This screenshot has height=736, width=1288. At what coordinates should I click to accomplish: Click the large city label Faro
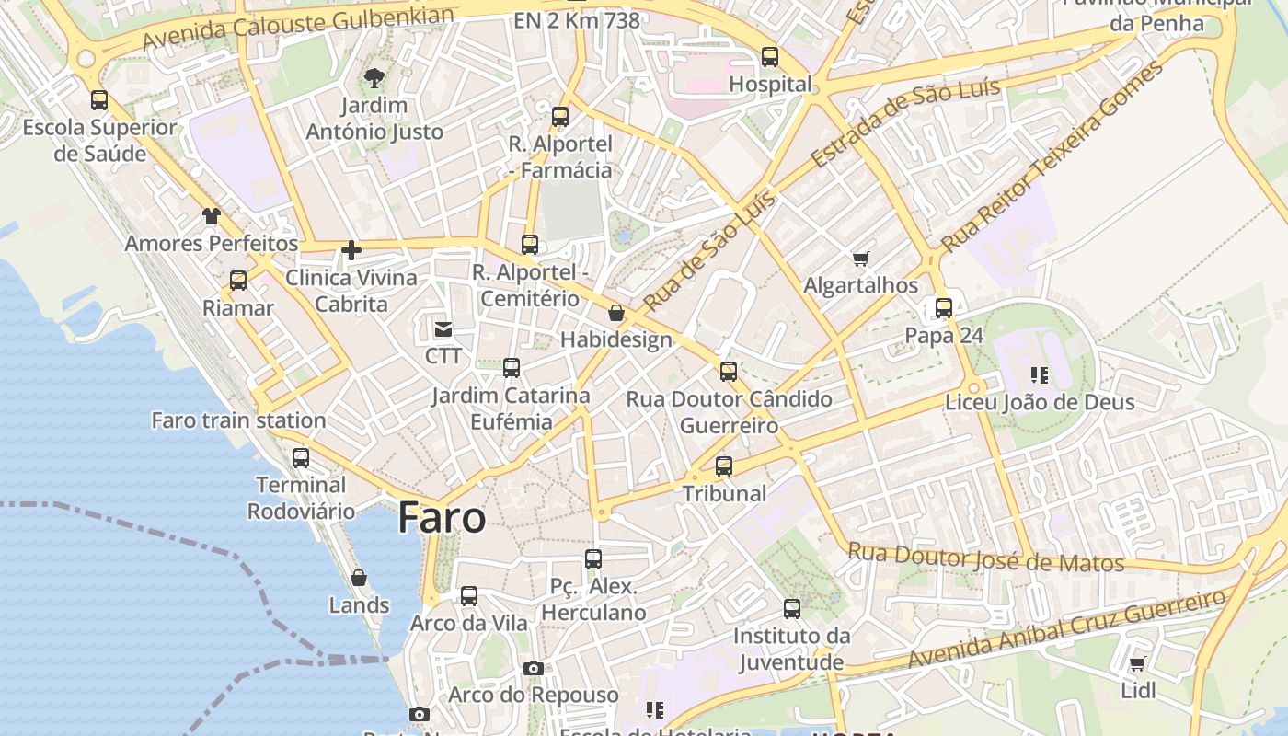click(442, 518)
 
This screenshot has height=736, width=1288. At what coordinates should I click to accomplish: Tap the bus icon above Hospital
click(770, 57)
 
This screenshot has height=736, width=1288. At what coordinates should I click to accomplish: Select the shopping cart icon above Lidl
click(1137, 663)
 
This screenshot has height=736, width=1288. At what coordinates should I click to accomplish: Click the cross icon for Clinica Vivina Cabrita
click(351, 249)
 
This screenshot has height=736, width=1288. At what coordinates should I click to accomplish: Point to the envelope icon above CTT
click(443, 328)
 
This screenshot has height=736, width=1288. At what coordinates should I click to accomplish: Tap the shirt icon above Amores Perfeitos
click(212, 216)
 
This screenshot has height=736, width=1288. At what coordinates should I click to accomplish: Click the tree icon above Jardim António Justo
click(374, 77)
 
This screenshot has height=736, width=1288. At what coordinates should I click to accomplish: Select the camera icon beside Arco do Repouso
click(534, 668)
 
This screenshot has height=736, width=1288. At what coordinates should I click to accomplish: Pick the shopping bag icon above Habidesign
click(616, 314)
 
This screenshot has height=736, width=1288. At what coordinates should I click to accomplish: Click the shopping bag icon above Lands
click(359, 578)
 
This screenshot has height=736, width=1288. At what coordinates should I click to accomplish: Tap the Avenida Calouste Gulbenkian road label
click(299, 29)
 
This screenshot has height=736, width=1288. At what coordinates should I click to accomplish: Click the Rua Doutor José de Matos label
click(985, 558)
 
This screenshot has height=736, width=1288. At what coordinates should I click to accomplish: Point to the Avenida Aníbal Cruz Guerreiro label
click(1066, 629)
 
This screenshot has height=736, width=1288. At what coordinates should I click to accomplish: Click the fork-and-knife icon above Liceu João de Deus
click(1040, 375)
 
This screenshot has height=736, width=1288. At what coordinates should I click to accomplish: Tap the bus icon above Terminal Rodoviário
click(301, 457)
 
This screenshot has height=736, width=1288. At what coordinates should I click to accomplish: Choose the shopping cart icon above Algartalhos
click(860, 259)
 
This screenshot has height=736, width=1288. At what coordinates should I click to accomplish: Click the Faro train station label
click(238, 420)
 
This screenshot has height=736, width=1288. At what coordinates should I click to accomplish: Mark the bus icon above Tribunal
click(724, 466)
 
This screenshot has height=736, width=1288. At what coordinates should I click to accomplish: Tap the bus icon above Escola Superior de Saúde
click(99, 100)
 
